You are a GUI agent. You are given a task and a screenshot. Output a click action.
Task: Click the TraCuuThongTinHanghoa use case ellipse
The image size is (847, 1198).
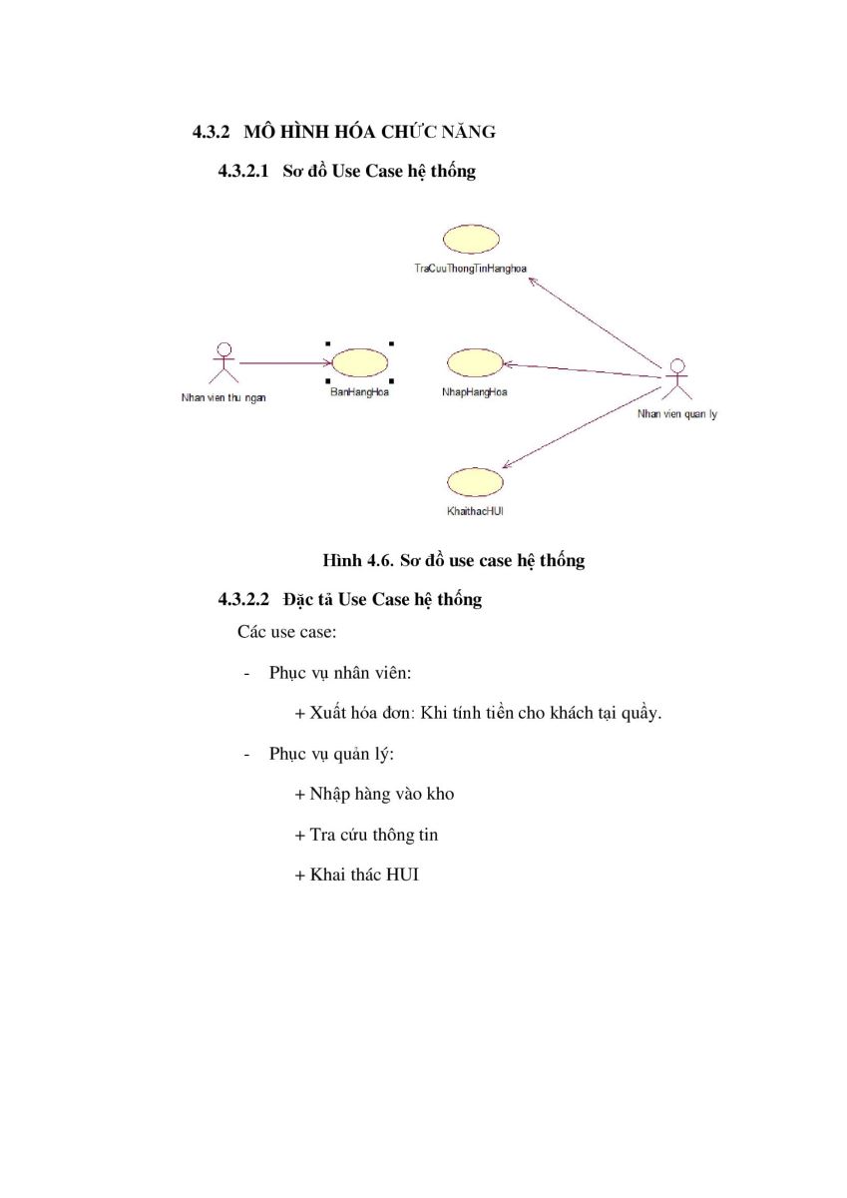click(471, 239)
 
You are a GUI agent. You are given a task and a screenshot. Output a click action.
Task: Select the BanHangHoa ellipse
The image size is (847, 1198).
click(359, 362)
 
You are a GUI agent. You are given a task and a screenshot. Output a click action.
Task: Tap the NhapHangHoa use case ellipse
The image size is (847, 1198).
click(475, 362)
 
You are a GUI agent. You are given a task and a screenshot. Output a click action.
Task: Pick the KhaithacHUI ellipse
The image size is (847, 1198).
click(475, 482)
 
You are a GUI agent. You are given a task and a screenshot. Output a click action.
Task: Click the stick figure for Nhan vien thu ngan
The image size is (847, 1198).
click(223, 363)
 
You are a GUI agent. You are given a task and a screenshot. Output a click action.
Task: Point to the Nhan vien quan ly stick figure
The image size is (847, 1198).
click(677, 379)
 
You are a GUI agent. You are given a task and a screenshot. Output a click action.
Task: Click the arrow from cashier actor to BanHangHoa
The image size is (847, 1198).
click(285, 363)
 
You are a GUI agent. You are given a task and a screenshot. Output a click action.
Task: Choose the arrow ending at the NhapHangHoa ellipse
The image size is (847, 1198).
click(583, 370)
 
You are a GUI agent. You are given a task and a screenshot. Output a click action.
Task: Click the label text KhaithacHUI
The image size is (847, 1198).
click(475, 511)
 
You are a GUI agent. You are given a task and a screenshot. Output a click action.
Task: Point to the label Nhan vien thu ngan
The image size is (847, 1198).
click(223, 398)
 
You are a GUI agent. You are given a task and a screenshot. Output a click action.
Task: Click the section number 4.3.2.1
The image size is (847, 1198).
click(243, 171)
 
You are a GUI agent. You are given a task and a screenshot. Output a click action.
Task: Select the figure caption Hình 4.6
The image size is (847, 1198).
click(358, 560)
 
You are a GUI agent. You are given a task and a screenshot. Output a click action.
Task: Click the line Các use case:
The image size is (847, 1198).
click(287, 632)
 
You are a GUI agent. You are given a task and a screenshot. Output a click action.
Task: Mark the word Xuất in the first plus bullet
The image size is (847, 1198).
click(327, 713)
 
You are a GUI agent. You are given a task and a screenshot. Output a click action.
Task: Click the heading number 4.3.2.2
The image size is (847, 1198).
click(243, 599)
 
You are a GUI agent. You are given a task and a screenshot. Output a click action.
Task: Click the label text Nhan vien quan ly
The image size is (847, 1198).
click(677, 414)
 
